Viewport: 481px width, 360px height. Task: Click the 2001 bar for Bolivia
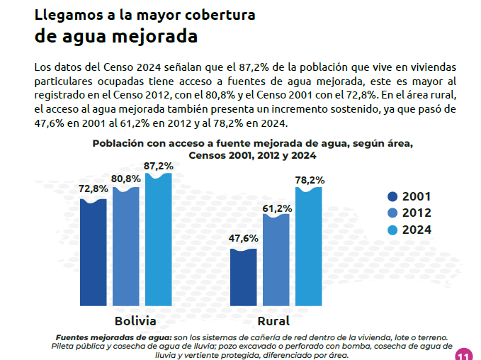[94, 252]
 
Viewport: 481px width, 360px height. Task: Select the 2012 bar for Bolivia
[126, 247]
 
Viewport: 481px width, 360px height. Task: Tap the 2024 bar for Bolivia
[158, 240]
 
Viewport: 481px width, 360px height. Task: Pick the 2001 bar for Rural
[243, 277]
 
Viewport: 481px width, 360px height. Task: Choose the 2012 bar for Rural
[276, 260]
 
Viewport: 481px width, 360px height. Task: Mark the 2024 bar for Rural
[309, 247]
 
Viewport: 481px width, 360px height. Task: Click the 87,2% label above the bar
[159, 166]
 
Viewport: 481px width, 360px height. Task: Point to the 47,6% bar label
[243, 238]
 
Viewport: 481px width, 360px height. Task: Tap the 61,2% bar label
[277, 208]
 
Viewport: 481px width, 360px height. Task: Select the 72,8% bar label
[94, 189]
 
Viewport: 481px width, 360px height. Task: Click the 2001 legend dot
[392, 196]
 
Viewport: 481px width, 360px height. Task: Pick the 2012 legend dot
[392, 213]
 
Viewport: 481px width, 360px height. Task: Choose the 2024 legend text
[417, 230]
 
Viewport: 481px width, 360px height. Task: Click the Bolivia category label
[135, 321]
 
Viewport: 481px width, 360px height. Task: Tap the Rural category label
[273, 321]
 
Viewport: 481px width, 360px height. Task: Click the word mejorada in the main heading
[154, 37]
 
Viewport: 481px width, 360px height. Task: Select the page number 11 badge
[464, 354]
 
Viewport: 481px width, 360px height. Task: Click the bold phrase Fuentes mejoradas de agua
[114, 337]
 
